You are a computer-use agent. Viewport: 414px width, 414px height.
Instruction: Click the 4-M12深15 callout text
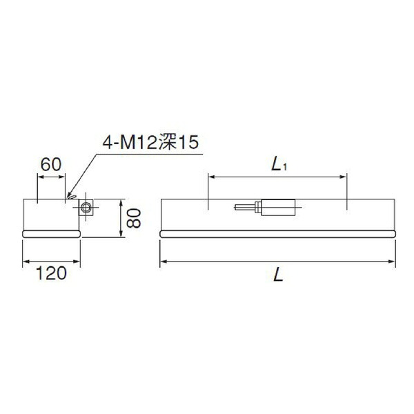150,143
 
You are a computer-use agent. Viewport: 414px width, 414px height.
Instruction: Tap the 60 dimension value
51,164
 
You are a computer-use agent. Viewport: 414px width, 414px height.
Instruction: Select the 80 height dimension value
134,218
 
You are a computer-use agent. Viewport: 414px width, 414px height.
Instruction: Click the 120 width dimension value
51,273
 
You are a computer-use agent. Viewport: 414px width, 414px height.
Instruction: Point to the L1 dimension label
279,166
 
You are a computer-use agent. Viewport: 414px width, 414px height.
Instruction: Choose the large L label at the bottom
278,275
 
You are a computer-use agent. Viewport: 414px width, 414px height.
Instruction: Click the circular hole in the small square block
86,207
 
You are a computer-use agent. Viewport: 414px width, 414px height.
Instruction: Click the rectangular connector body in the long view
278,208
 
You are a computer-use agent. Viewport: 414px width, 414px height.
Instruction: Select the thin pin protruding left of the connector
245,207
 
